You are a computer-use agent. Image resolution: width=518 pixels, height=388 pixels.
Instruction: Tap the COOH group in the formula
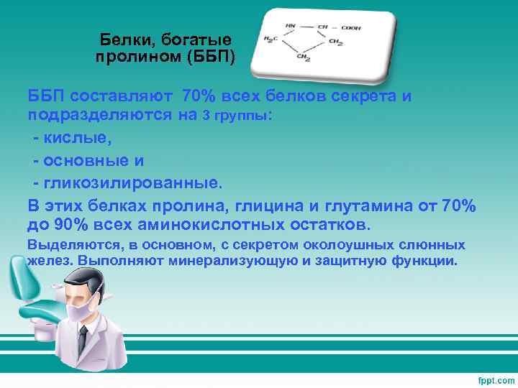pos(351,28)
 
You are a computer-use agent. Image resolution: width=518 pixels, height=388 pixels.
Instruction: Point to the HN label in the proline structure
pos(290,26)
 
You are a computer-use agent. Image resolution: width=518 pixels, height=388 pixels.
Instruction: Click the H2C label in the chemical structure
pos(271,40)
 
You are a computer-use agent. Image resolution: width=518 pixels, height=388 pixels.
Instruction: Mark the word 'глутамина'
pos(366,205)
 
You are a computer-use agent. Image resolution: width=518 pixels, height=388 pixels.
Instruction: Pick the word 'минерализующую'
pos(233,260)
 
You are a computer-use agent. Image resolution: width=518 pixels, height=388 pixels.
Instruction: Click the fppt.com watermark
pos(491,378)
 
